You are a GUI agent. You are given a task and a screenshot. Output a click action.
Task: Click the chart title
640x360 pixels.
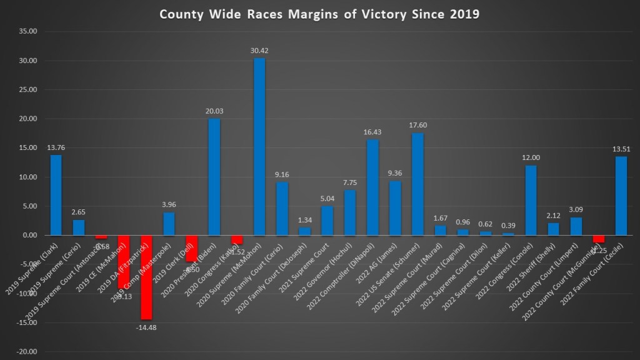319,14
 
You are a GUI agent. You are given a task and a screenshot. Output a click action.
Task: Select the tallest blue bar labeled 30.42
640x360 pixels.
259,147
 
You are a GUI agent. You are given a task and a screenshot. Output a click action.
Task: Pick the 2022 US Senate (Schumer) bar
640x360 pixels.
417,184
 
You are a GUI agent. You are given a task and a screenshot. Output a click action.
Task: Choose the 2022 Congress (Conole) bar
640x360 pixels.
531,200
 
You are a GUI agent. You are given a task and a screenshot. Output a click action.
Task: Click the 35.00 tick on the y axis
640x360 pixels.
27,32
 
